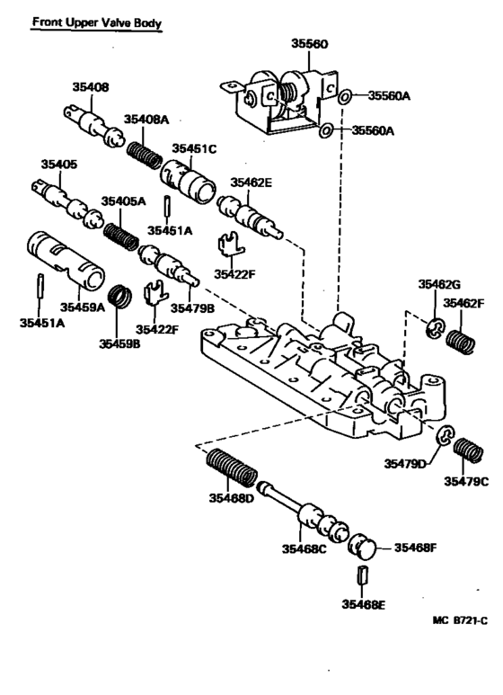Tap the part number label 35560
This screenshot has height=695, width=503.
pos(310,43)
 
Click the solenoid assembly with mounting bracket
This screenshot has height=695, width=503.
pos(278,97)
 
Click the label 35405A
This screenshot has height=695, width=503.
pos(123,201)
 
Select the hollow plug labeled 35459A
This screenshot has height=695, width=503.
pos(65,256)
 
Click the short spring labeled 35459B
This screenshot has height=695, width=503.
pos(119,294)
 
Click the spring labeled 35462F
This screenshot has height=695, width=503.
pos(461,343)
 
